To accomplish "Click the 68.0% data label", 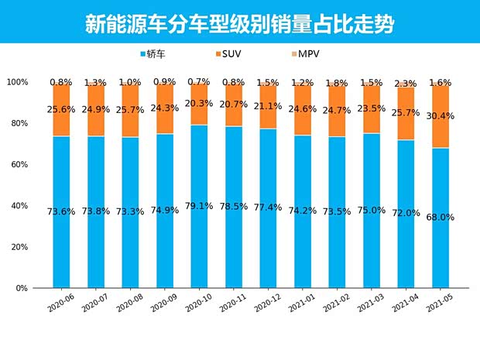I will coord(441,218).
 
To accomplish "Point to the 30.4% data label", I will coord(441,116).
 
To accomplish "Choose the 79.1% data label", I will coord(199,206).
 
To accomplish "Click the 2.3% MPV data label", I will coord(406,83).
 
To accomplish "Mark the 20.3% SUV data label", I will coord(199,104).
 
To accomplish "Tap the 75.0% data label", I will coord(372,210).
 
